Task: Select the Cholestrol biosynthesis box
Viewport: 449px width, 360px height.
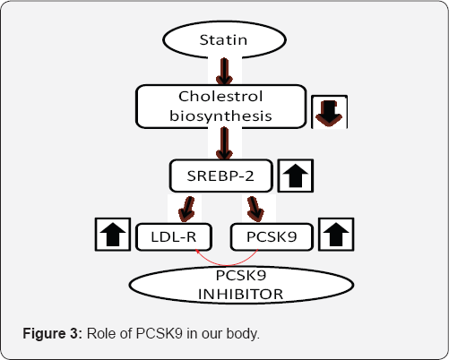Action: click(223, 106)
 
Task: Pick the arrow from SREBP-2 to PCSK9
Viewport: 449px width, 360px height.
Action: click(255, 209)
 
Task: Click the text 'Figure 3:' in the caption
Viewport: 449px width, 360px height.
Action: click(51, 334)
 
